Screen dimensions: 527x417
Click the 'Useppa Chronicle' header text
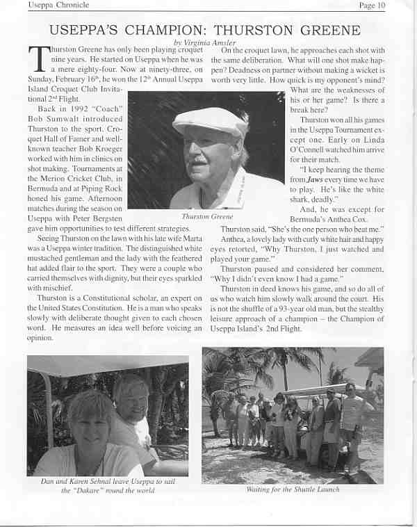point(58,6)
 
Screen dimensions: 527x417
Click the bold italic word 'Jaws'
point(318,179)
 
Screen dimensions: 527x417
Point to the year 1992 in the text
point(79,110)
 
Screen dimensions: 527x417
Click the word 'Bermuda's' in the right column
point(311,218)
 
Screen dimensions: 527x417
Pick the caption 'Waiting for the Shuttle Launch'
point(293,489)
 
